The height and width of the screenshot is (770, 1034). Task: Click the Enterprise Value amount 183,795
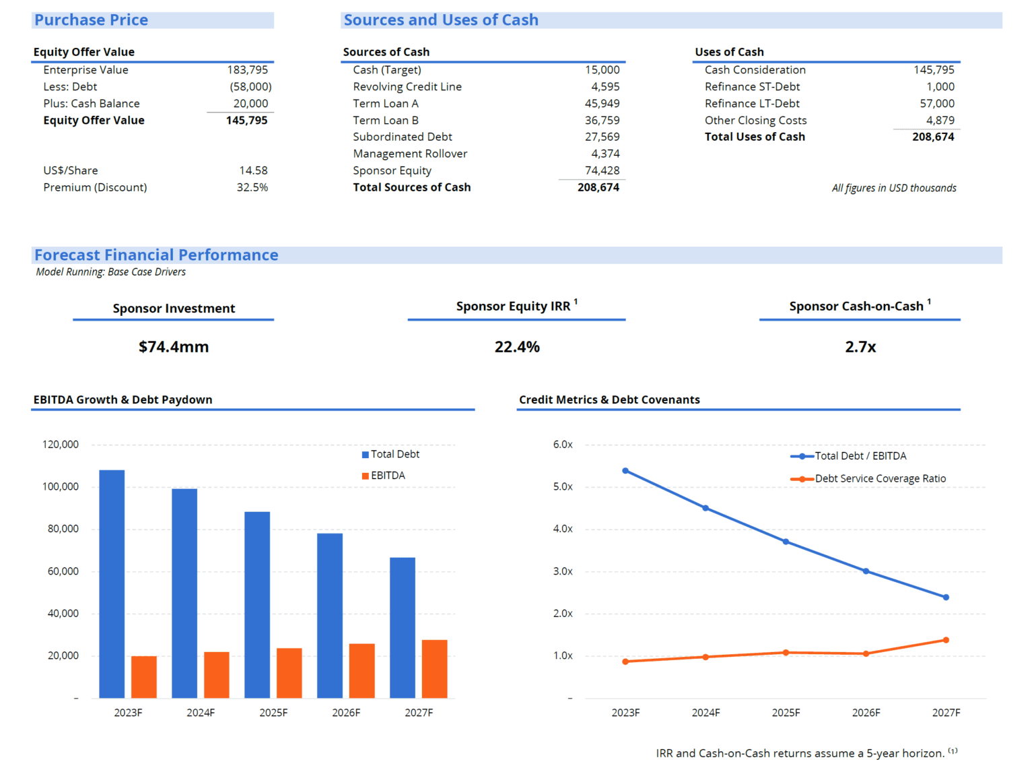(x=247, y=70)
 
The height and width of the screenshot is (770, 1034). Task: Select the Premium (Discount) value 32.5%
(x=252, y=187)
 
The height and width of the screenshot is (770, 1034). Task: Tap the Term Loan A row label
(x=385, y=104)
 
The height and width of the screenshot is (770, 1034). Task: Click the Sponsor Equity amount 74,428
(x=602, y=170)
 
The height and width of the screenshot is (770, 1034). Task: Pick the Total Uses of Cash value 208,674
(x=933, y=137)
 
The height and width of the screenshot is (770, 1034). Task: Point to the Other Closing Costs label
(x=755, y=121)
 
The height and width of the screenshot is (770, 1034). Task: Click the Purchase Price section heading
(x=92, y=20)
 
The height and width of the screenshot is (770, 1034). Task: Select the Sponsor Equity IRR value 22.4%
(x=517, y=347)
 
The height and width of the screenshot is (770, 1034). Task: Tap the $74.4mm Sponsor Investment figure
(x=174, y=347)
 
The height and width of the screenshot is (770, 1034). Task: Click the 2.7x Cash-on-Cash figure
(x=860, y=347)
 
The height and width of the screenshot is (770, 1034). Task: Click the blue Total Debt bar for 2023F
(x=112, y=583)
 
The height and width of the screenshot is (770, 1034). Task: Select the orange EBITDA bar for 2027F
(x=434, y=668)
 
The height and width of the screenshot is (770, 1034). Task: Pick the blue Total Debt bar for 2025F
(x=257, y=604)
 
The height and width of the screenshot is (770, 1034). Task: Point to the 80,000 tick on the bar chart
(x=63, y=529)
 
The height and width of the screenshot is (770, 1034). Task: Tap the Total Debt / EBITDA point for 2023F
(x=625, y=471)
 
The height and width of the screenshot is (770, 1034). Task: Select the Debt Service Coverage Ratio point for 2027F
(x=946, y=640)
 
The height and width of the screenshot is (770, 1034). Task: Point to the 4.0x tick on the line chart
(x=563, y=529)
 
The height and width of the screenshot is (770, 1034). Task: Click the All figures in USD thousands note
(x=893, y=188)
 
